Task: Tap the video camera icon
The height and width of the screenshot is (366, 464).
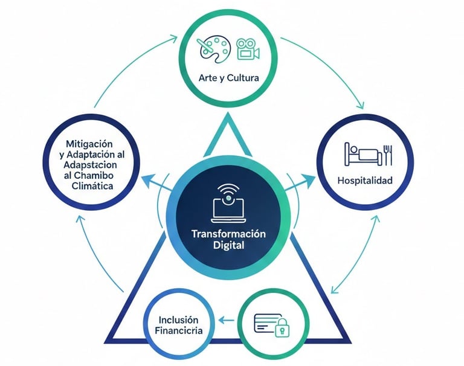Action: (248, 50)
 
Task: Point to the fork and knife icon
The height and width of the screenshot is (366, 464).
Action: (388, 154)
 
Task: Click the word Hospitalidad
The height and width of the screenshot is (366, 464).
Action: (364, 180)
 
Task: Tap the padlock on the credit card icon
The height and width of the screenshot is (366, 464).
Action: (282, 329)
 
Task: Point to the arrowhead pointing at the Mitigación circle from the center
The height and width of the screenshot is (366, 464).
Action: (146, 178)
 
